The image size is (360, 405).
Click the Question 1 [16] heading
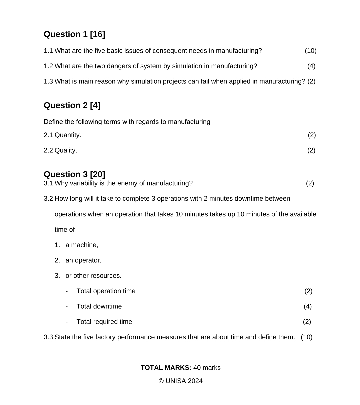click(x=74, y=34)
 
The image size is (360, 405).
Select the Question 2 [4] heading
click(x=72, y=105)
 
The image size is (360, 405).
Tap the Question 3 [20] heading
click(x=74, y=174)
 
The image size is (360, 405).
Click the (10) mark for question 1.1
click(x=310, y=51)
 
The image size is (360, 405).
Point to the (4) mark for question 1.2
click(x=311, y=66)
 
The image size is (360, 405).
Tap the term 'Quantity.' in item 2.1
click(x=68, y=135)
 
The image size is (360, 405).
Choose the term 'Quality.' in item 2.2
click(x=66, y=150)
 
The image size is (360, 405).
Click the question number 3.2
click(x=48, y=198)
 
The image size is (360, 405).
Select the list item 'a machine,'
click(x=82, y=245)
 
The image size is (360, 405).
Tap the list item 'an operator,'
click(x=83, y=260)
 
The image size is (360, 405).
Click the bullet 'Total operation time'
click(x=106, y=291)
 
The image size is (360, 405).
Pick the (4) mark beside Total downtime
click(x=308, y=306)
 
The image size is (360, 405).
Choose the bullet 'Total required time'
click(x=104, y=322)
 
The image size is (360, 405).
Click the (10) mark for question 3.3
click(x=306, y=337)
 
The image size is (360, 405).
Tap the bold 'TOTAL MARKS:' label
click(x=166, y=368)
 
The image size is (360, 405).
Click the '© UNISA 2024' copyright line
click(x=180, y=381)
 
